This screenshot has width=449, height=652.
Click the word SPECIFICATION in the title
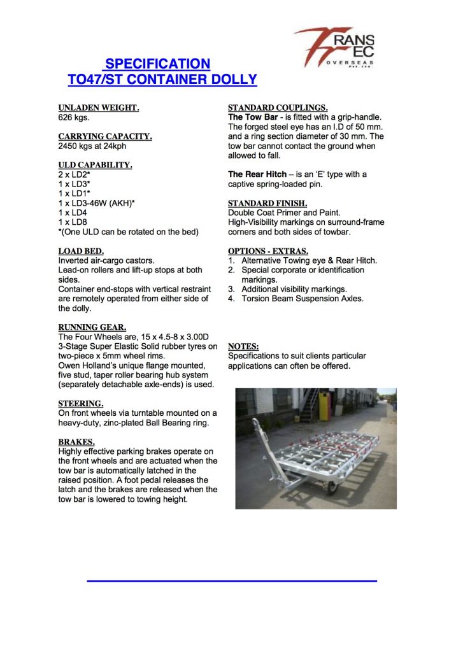[157, 64]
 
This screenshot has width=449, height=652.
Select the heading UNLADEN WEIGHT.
[99, 108]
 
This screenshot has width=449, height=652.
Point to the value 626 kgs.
[74, 117]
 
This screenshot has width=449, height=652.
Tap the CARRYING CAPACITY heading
[105, 136]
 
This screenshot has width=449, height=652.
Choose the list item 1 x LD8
[73, 221]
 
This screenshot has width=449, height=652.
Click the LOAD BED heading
[81, 251]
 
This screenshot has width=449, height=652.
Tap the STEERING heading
[80, 404]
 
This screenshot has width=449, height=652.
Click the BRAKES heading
[76, 442]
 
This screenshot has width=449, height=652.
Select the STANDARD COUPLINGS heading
[278, 108]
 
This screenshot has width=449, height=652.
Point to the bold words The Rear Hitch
[257, 174]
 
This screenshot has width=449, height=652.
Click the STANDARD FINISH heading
[267, 203]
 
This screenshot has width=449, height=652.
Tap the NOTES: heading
[243, 346]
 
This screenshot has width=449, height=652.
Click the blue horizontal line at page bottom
[231, 581]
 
